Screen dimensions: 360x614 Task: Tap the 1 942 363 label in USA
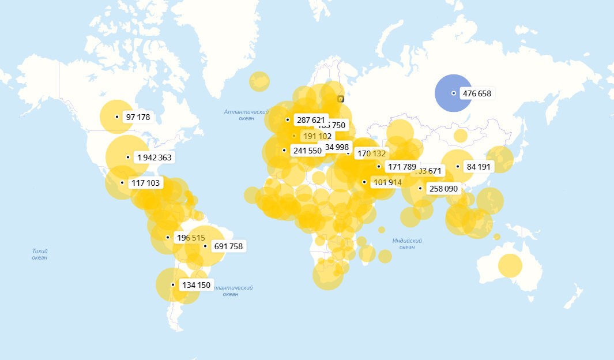[153, 157]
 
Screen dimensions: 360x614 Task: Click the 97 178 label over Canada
[137, 117]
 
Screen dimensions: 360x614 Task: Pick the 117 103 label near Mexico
[146, 183]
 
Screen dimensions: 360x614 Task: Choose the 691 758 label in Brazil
[228, 246]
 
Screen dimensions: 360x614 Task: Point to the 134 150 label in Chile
[196, 285]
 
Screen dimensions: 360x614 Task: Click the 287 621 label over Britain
[311, 120]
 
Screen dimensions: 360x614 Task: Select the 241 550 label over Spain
[307, 151]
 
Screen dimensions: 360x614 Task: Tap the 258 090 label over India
[443, 189]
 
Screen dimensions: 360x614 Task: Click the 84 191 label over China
[479, 167]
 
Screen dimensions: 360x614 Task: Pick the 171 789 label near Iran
[402, 167]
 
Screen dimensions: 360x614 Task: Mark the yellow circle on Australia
[510, 265]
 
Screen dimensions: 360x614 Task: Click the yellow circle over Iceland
[259, 81]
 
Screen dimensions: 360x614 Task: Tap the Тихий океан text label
[40, 254]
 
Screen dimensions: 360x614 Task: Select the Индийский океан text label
[407, 243]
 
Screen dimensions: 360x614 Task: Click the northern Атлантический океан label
[246, 115]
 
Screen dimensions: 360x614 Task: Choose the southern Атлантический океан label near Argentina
[231, 290]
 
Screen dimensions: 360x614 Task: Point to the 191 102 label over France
[317, 136]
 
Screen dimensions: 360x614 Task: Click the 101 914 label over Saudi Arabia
[387, 182]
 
